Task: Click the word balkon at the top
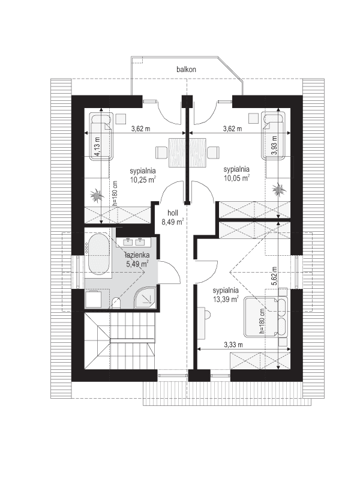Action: point(187,70)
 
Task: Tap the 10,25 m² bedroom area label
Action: point(143,175)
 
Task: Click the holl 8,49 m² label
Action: point(172,216)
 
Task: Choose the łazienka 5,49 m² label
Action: point(136,259)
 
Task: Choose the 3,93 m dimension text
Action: point(274,147)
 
